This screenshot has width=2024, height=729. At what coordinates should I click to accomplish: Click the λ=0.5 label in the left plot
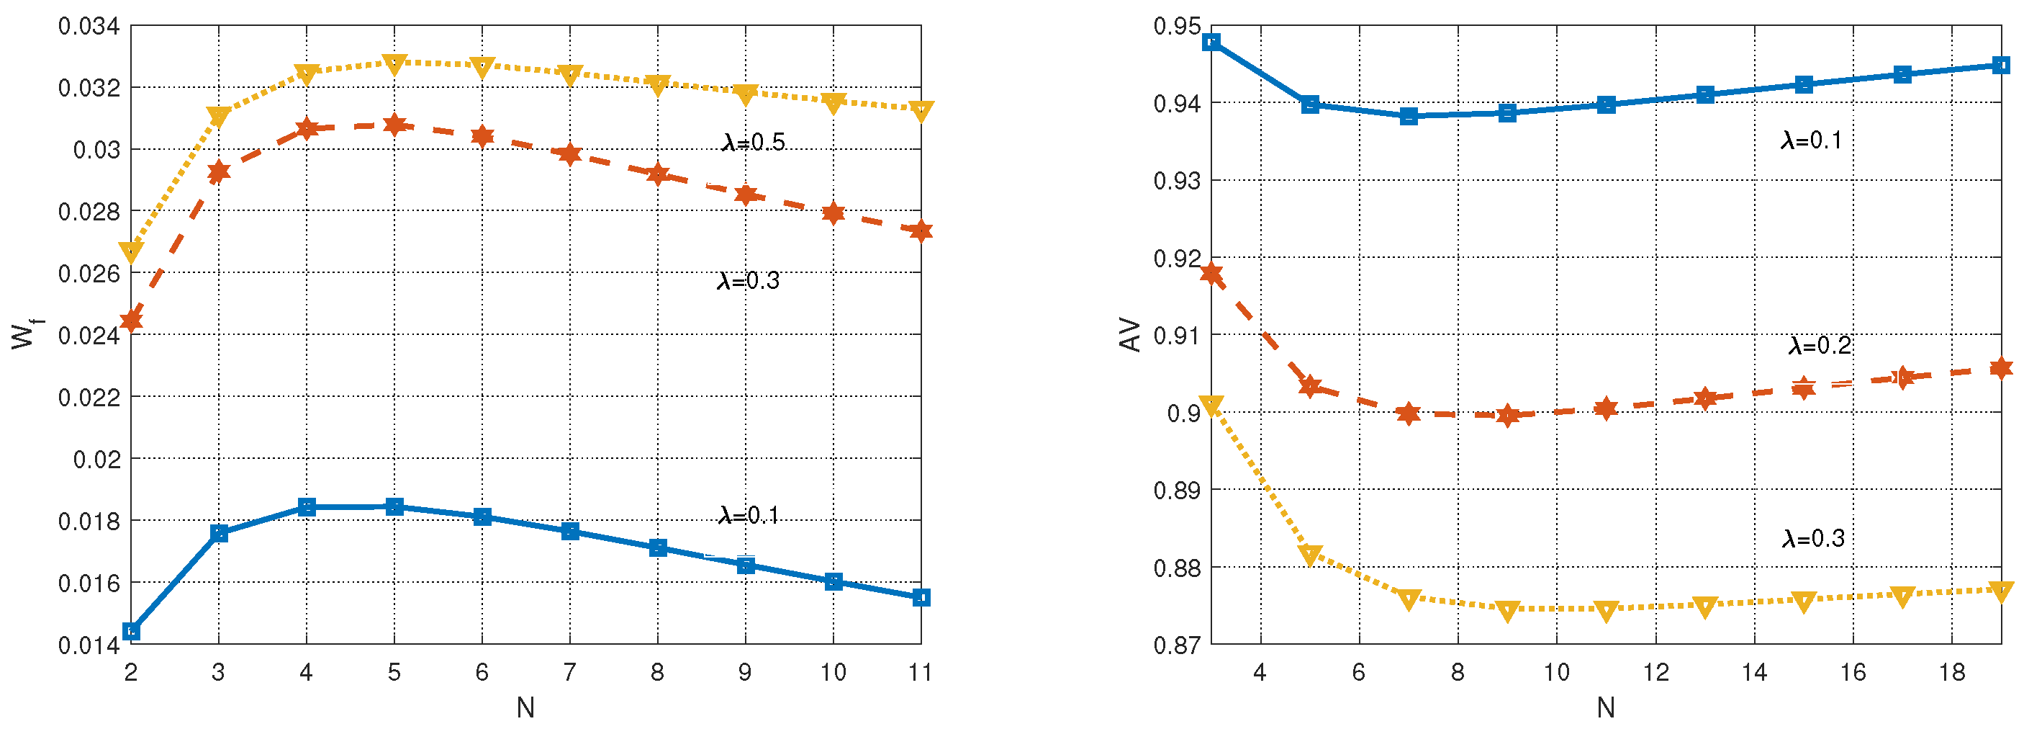[753, 142]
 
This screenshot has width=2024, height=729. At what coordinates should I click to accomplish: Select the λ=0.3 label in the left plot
[748, 281]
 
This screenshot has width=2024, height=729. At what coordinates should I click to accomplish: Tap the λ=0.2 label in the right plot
[1820, 345]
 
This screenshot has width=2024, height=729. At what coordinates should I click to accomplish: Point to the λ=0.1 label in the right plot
[1811, 140]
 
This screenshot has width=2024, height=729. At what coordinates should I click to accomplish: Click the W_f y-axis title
[25, 334]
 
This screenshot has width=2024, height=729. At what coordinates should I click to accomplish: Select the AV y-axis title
[1130, 334]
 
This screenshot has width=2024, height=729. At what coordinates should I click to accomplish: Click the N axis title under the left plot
[525, 708]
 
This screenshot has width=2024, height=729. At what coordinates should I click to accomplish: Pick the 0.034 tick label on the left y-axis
[89, 26]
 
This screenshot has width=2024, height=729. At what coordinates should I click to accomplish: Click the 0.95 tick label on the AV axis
[1177, 26]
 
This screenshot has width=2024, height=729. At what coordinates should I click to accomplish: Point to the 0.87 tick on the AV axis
[1177, 645]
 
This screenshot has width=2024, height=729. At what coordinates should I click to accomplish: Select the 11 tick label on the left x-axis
[920, 672]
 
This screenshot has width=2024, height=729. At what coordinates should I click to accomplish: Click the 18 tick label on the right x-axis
[1952, 672]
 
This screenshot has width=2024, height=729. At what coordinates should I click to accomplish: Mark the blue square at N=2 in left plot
[131, 631]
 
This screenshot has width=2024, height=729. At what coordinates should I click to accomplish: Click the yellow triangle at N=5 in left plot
[394, 63]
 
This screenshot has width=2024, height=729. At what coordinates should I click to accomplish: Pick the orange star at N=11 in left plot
[921, 231]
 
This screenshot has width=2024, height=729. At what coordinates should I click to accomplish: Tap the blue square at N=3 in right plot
[1211, 42]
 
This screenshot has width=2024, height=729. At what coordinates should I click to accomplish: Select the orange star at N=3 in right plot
[1211, 274]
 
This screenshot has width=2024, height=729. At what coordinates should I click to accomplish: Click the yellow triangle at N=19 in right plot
[2000, 591]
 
